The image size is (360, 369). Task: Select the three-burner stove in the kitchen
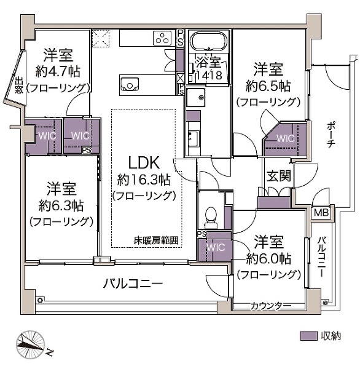pos(163,38)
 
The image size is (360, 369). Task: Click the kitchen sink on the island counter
pos(130,84)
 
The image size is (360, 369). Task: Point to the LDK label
pos(144,163)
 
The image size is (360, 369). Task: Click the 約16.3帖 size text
pos(144,180)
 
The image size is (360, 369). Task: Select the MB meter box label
pos(321,213)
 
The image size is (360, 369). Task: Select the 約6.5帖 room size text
pos(268,84)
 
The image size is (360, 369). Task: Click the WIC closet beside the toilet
pos(214,247)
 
